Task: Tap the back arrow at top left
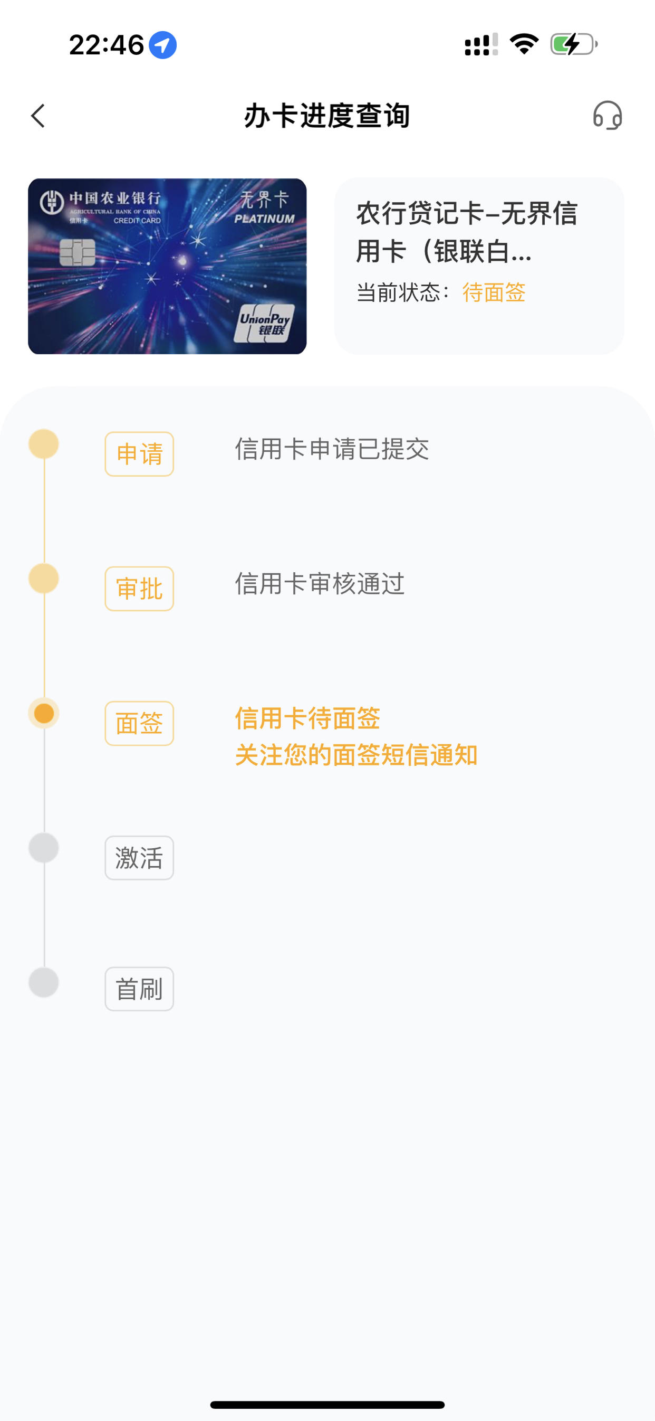(x=38, y=116)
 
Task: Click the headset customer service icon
(x=608, y=115)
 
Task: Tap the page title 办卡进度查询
(x=327, y=116)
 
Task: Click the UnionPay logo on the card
(x=264, y=323)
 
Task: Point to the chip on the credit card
(x=77, y=253)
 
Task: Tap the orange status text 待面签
(x=494, y=292)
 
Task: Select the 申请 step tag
(x=139, y=454)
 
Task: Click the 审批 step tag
(x=139, y=589)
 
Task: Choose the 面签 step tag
(x=139, y=723)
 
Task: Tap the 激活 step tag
(x=139, y=858)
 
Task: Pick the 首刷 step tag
(x=139, y=989)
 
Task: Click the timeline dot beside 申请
(x=44, y=444)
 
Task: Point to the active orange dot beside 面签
(x=44, y=713)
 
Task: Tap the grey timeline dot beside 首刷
(x=44, y=982)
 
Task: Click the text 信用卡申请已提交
(x=332, y=449)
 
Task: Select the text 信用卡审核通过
(x=320, y=584)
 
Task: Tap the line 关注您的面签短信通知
(x=356, y=755)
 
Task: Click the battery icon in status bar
(x=574, y=44)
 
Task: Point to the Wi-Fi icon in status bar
(x=524, y=44)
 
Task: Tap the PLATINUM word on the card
(x=264, y=219)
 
